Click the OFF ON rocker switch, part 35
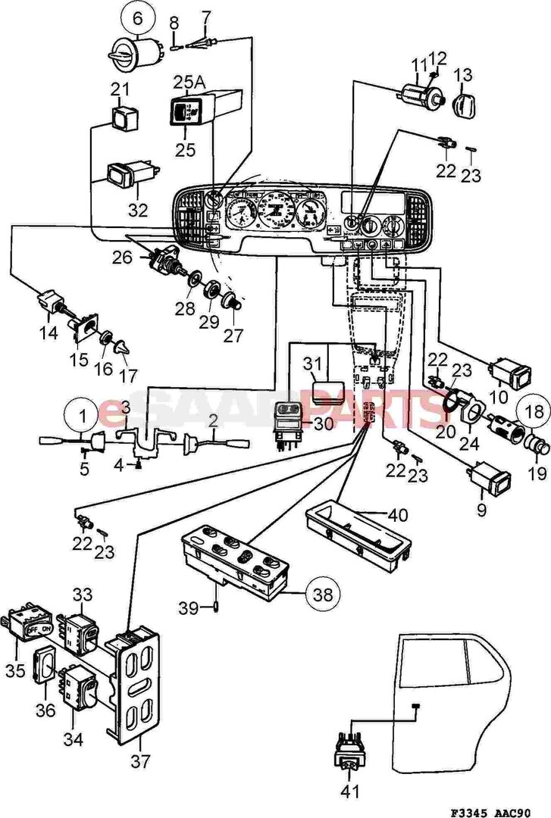(30, 628)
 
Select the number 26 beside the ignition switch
(124, 258)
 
